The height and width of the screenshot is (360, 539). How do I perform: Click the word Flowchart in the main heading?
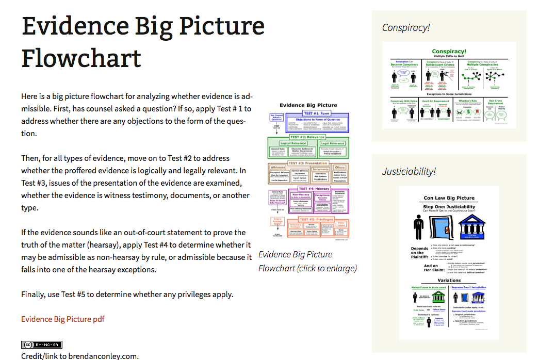(x=81, y=58)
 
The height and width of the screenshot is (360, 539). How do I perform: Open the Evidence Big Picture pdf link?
(x=63, y=319)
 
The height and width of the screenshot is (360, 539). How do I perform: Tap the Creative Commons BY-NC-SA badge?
(x=42, y=345)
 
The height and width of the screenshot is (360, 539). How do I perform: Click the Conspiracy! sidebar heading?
(x=406, y=28)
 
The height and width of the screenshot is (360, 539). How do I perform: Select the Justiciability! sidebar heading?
(x=409, y=171)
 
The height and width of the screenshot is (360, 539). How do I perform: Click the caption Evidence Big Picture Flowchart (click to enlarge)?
(x=307, y=261)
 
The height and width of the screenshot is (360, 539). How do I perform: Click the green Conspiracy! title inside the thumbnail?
(x=449, y=52)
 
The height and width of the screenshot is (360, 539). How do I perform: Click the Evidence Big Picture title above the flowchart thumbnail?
(x=308, y=105)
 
